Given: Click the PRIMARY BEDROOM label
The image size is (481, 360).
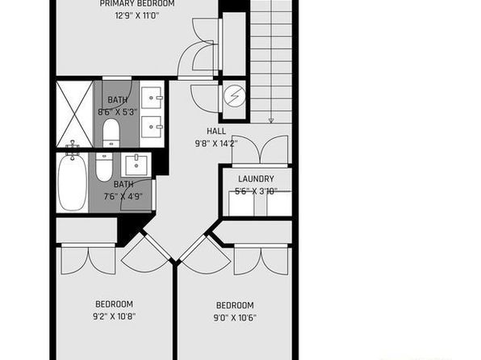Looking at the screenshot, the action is (137, 3).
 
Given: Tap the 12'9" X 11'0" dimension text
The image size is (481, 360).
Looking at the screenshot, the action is (137, 15).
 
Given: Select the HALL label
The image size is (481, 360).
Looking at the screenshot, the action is (216, 132).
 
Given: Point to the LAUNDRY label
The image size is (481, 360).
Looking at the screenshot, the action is (256, 178).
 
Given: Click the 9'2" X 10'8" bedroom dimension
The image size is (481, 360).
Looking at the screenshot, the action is (114, 316).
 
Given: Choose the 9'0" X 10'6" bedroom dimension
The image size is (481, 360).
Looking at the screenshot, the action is (235, 317).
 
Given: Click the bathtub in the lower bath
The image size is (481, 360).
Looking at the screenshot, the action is (73, 182).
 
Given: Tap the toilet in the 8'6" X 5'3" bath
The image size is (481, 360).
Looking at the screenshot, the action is (111, 133).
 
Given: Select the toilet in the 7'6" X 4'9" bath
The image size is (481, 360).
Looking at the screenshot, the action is (104, 167).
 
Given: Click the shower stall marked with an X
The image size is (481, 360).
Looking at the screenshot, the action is (74, 114).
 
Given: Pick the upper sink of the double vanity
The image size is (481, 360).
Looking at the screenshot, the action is (151, 98).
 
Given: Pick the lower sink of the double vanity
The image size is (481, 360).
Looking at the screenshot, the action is (151, 127).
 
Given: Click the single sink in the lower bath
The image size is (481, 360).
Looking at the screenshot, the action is (136, 165).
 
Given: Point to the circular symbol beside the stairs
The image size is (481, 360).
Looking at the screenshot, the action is (235, 96).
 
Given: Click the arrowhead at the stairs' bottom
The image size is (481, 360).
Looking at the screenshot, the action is (271, 120).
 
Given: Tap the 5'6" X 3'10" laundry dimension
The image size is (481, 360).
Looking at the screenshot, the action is (256, 191).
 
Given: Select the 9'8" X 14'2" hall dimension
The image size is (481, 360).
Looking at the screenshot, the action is (216, 144).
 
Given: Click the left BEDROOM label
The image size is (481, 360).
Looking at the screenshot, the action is (114, 304).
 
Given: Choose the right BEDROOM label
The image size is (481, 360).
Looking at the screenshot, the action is (235, 305).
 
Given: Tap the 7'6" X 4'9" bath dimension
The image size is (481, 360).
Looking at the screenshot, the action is (123, 196).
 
